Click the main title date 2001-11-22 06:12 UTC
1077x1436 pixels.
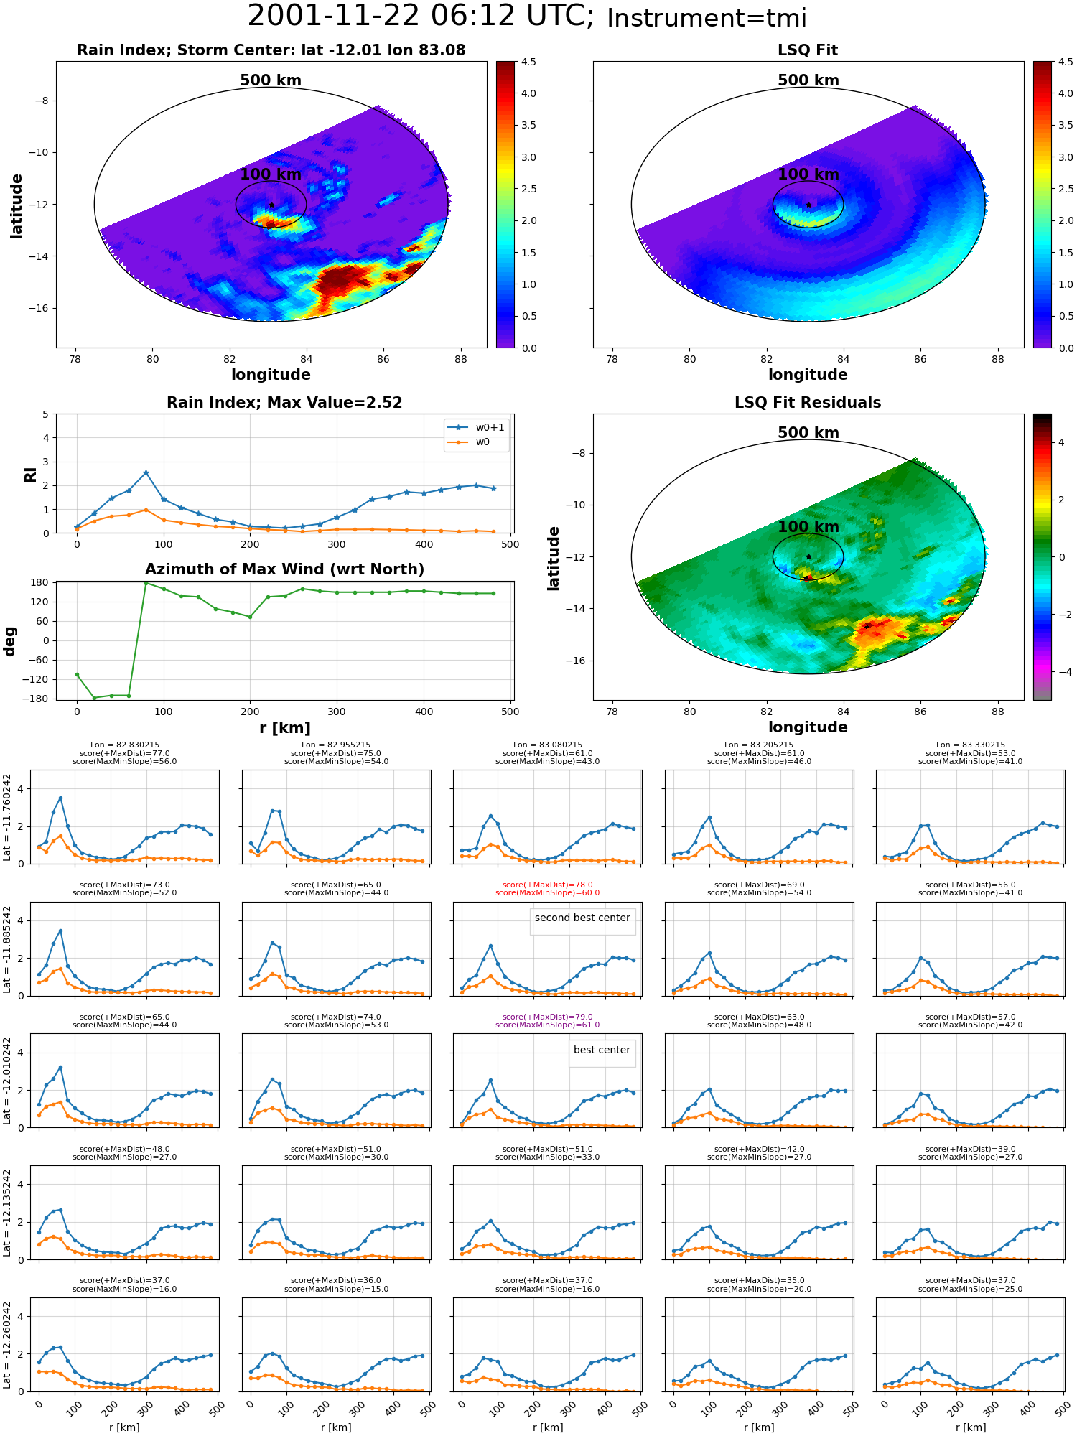421,17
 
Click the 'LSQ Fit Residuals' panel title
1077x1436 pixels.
808,403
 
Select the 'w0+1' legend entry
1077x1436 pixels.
477,427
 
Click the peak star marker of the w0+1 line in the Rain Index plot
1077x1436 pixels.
146,473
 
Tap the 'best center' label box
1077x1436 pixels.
602,1050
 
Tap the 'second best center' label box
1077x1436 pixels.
582,918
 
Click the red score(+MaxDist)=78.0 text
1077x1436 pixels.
547,885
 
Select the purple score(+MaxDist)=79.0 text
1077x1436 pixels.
547,1017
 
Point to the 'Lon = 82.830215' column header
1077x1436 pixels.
125,745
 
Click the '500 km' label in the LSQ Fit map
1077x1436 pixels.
808,80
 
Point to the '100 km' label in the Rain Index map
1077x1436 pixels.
271,174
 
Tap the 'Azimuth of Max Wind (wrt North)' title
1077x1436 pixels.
284,569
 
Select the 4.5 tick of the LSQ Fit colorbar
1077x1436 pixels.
1066,62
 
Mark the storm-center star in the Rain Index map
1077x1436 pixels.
271,205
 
